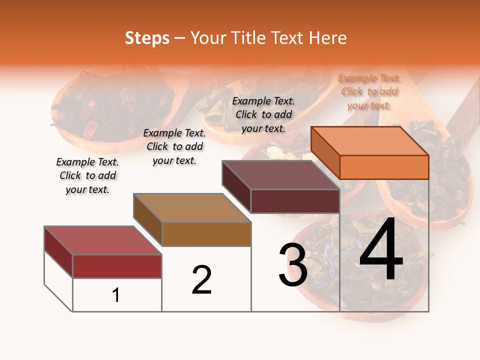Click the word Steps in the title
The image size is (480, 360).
pyautogui.click(x=147, y=38)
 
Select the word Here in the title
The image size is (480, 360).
pyautogui.click(x=327, y=38)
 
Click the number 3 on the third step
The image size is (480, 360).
pyautogui.click(x=293, y=265)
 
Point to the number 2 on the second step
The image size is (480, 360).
pyautogui.click(x=202, y=279)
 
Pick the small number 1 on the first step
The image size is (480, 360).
pyautogui.click(x=116, y=295)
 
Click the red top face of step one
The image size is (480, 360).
pyautogui.click(x=103, y=240)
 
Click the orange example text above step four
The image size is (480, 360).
pyautogui.click(x=369, y=92)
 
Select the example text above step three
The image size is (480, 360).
pyautogui.click(x=263, y=114)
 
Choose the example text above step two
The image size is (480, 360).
pyautogui.click(x=174, y=146)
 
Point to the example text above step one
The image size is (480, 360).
pyautogui.click(x=87, y=175)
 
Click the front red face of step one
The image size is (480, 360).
pyautogui.click(x=117, y=266)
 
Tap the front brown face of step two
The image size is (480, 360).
pyautogui.click(x=206, y=234)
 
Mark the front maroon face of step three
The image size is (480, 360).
pyautogui.click(x=295, y=201)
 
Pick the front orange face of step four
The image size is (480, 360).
pyautogui.click(x=384, y=167)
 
